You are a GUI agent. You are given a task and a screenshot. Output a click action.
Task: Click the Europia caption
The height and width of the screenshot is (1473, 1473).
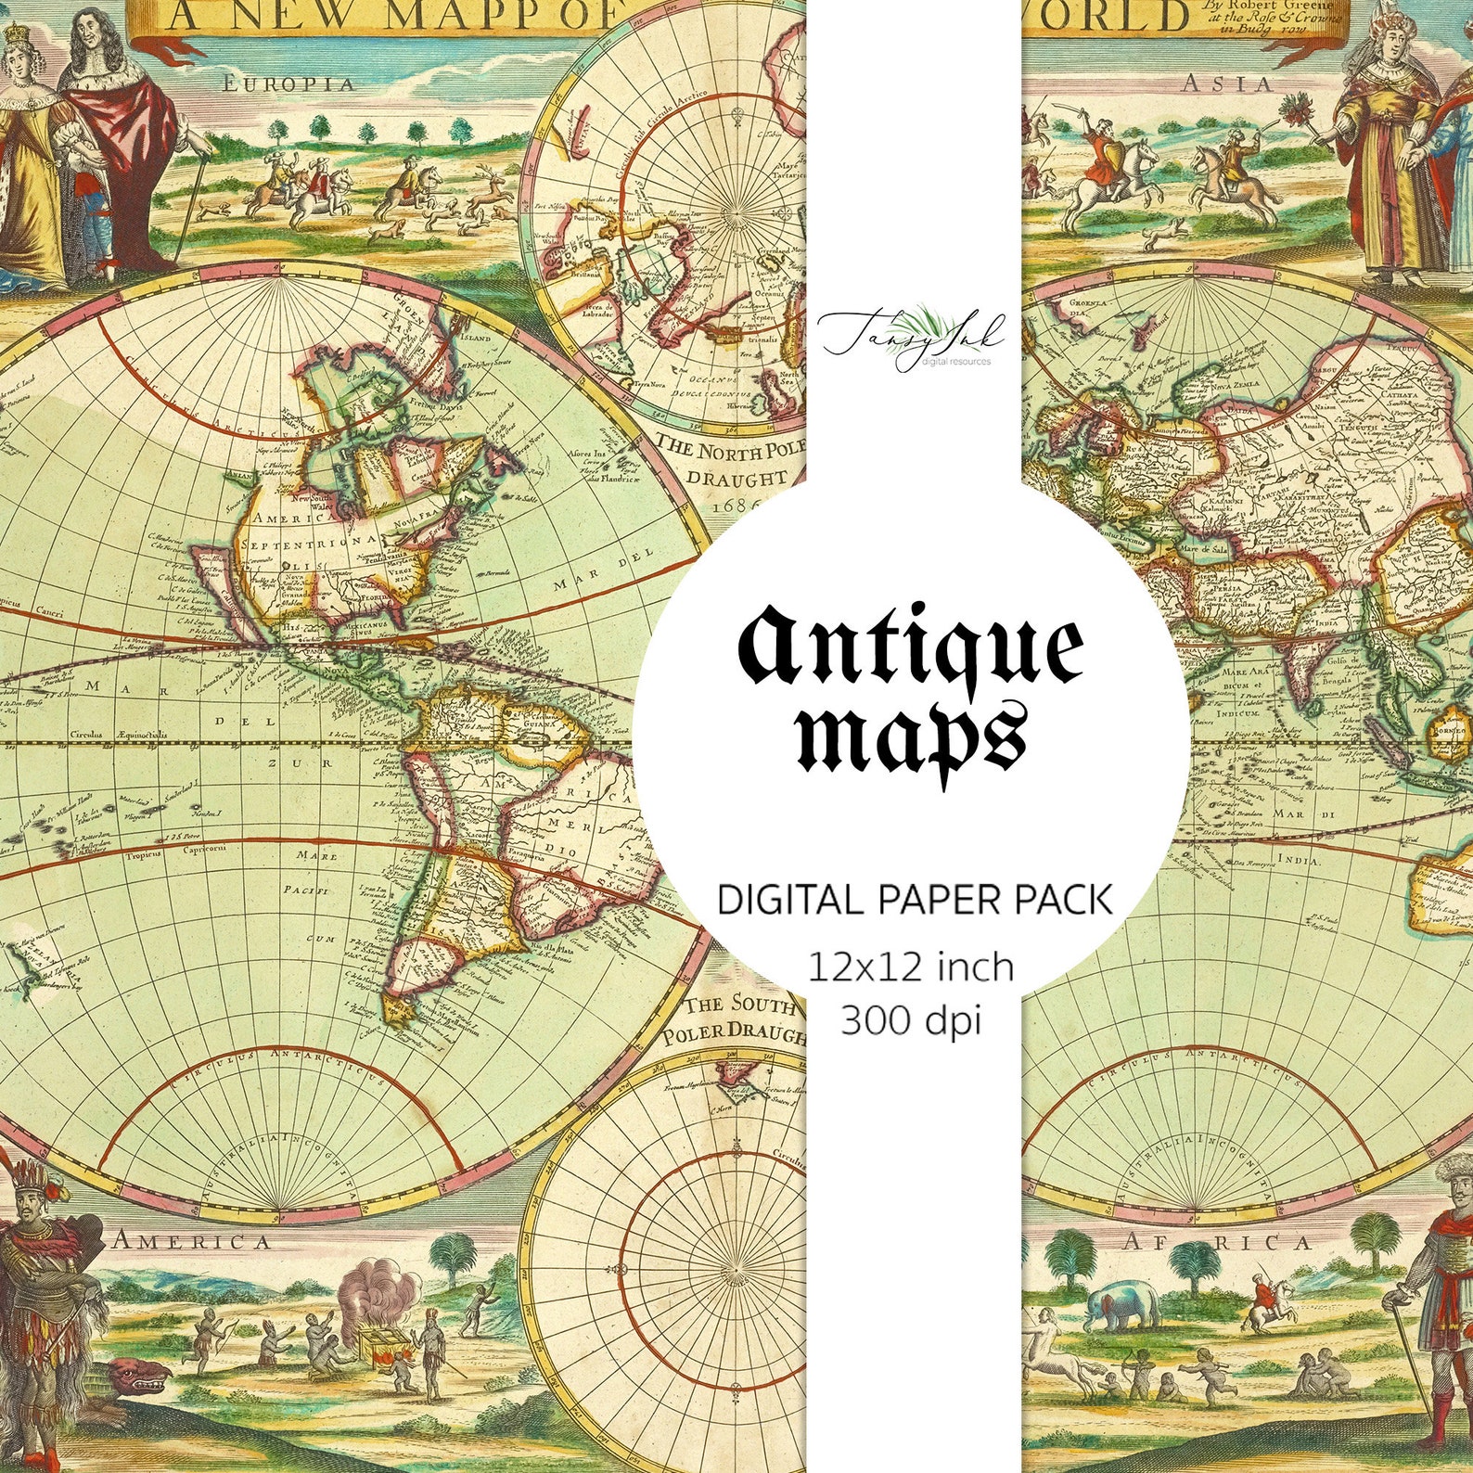pyautogui.click(x=288, y=83)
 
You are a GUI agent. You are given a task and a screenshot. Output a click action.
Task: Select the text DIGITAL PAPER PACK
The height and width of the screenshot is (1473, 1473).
pyautogui.click(x=915, y=901)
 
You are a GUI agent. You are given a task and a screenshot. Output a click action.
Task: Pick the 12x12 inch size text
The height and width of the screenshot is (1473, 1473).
pyautogui.click(x=911, y=967)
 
